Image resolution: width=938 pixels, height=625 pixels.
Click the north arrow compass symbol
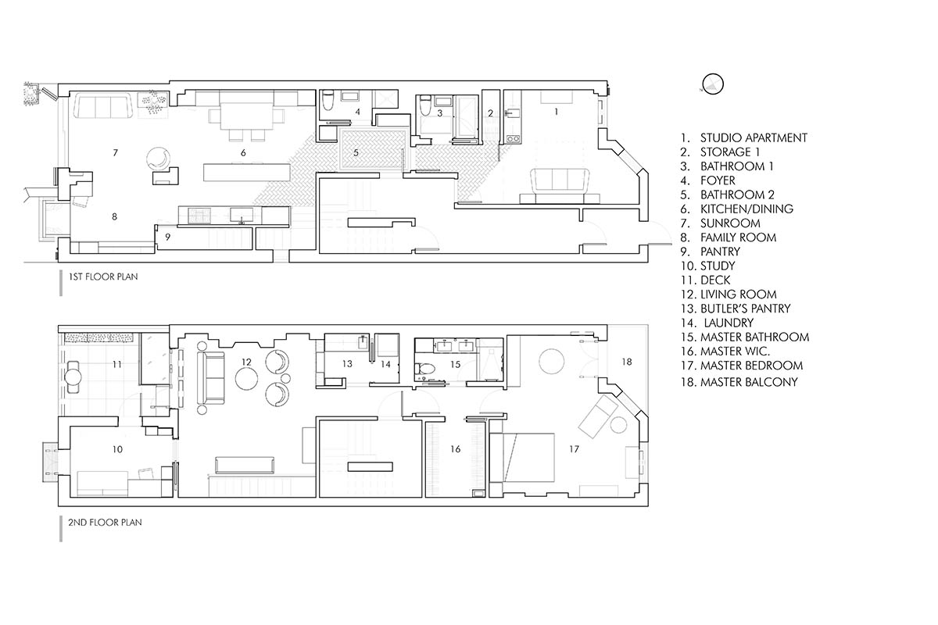pos(713,84)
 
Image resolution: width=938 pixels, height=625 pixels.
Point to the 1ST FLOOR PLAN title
pos(103,277)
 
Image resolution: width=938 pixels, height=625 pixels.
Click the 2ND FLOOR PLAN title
pos(105,523)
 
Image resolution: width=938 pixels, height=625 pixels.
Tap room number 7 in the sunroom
pos(115,153)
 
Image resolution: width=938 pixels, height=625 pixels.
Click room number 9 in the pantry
pos(168,237)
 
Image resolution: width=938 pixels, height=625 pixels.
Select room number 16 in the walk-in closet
pos(455,449)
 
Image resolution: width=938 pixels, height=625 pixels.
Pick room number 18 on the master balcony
pos(626,362)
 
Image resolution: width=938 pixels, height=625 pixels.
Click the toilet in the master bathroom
pos(425,369)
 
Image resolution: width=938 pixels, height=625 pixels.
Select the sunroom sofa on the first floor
pos(104,106)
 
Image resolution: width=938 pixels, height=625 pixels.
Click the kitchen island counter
pos(247,173)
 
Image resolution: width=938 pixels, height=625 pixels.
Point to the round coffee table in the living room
pos(247,378)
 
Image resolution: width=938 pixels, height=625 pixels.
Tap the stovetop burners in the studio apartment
pos(513,138)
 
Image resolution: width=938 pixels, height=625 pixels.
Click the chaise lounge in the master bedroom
pos(598,416)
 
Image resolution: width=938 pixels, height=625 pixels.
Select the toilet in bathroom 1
pos(426,106)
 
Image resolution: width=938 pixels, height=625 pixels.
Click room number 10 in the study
pos(117,449)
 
